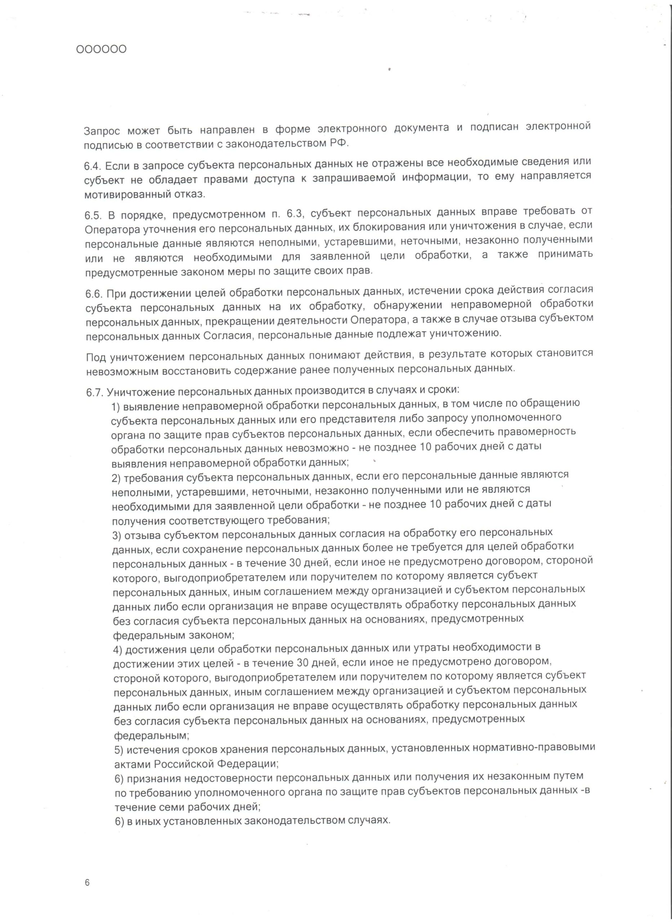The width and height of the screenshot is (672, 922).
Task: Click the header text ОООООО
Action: point(101,49)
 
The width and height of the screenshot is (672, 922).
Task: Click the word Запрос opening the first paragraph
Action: point(101,131)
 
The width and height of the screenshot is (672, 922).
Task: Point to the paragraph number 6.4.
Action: point(92,166)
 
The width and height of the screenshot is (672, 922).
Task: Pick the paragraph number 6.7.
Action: point(94,393)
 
